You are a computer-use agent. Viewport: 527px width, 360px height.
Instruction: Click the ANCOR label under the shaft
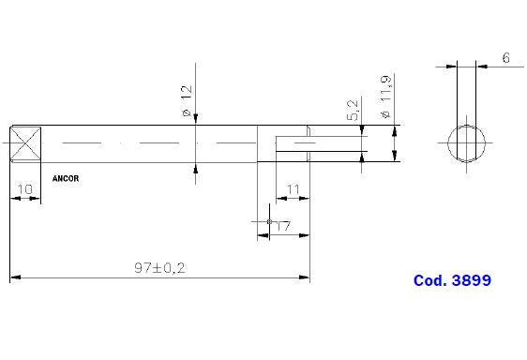click(66, 176)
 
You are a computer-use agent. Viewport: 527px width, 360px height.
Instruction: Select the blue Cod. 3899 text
click(452, 280)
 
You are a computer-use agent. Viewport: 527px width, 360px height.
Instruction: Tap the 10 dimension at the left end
click(24, 189)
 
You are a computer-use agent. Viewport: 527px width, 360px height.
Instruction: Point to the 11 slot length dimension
click(293, 189)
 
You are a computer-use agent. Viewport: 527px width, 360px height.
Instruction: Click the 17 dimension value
click(281, 225)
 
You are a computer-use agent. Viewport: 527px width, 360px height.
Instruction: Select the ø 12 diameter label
click(186, 101)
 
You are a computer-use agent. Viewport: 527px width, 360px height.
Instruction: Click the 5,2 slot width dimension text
click(352, 110)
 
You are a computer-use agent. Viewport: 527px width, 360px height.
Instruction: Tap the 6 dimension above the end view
click(505, 58)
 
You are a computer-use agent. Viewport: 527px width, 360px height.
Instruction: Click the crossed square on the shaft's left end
click(26, 144)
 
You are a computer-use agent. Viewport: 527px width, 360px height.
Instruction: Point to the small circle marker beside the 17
click(269, 222)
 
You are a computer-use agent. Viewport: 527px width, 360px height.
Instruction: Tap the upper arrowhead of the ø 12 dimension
click(196, 119)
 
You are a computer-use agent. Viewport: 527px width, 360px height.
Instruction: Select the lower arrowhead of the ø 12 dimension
click(196, 169)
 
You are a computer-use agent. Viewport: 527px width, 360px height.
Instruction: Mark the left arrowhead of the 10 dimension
click(13, 199)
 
